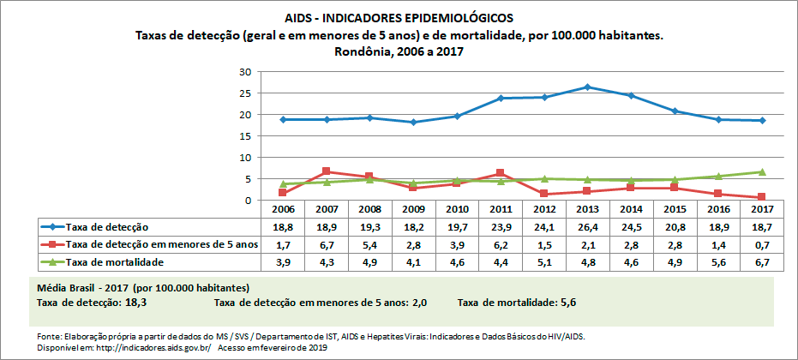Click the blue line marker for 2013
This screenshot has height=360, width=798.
coord(587,87)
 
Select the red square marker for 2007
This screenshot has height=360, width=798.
coord(326,171)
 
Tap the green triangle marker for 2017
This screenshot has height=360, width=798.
coord(762,171)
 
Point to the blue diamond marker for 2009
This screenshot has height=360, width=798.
coord(413,122)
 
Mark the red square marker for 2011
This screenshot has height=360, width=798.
coord(500,173)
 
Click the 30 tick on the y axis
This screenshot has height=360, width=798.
coord(246,71)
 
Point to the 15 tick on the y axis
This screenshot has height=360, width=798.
coord(246,136)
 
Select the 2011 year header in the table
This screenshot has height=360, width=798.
coord(500,209)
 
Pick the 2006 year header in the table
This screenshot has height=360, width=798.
coord(282,209)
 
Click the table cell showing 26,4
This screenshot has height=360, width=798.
coord(587,227)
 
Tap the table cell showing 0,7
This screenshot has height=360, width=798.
coord(762,244)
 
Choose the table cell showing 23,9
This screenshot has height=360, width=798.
coord(500,227)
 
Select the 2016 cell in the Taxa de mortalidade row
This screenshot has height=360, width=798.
coord(718,261)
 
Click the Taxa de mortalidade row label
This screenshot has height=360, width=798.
coord(115,261)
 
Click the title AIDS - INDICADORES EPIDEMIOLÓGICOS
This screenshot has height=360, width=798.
coord(399,17)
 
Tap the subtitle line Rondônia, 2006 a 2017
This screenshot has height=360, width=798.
coord(399,51)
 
